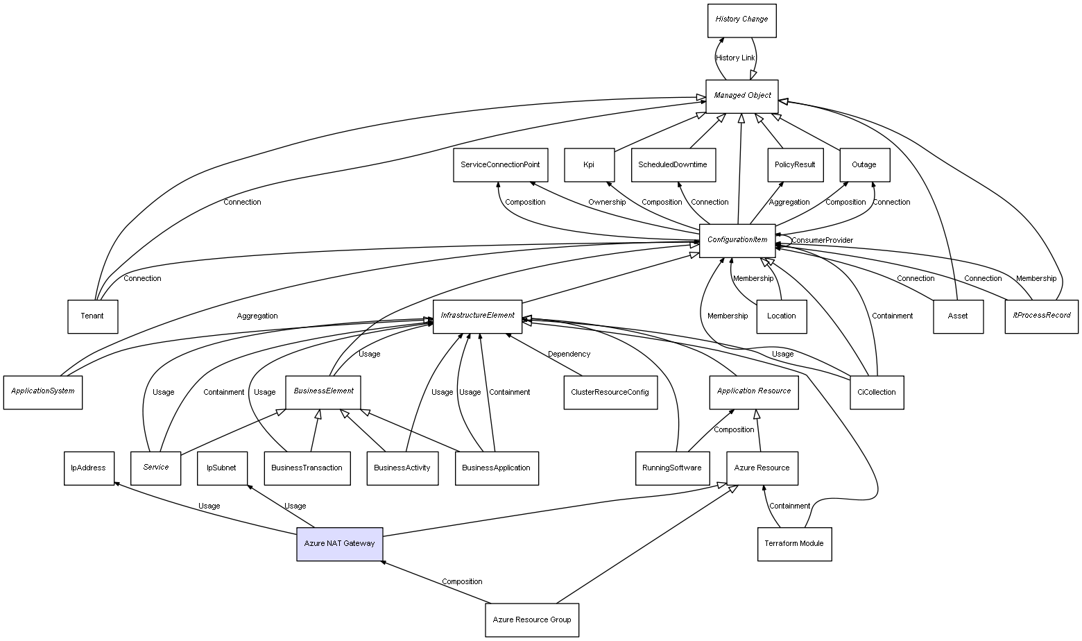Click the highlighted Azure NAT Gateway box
point(339,544)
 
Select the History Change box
point(741,20)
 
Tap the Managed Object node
point(741,96)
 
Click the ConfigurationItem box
point(737,240)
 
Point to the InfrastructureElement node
point(477,316)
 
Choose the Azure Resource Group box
point(532,619)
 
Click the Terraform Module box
point(794,544)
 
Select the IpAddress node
point(88,468)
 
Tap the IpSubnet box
point(221,468)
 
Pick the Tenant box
point(92,316)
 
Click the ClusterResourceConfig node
point(610,393)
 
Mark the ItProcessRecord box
point(1041,316)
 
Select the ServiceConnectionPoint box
point(500,165)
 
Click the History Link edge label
point(735,58)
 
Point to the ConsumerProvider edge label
point(822,241)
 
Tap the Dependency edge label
point(569,354)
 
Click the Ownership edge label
point(607,203)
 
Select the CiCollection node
point(877,393)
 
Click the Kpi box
point(589,165)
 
